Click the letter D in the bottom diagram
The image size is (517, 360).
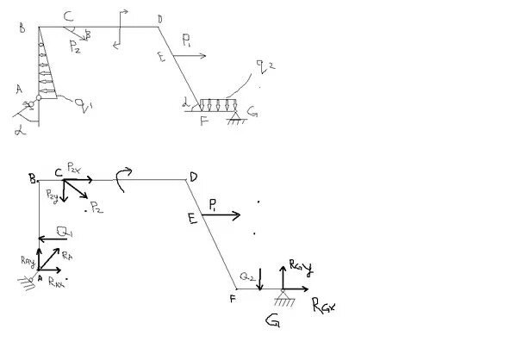click(194, 177)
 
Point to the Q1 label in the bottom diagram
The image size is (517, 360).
click(64, 231)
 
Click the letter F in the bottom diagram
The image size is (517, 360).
click(231, 299)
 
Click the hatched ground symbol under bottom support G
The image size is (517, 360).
click(283, 301)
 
